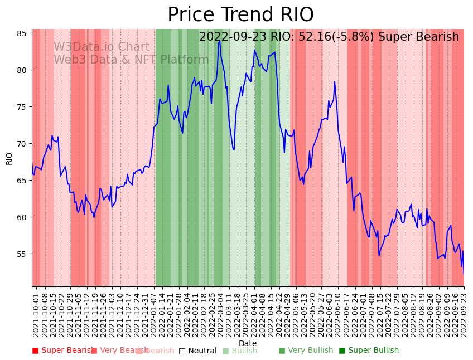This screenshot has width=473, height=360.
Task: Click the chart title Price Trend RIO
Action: (x=240, y=15)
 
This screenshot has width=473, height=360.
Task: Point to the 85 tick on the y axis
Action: (x=21, y=33)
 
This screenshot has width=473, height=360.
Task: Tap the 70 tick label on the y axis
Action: (x=21, y=144)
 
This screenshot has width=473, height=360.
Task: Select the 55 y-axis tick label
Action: (x=21, y=254)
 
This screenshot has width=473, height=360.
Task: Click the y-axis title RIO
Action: (x=9, y=158)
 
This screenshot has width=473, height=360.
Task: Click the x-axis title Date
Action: (x=248, y=343)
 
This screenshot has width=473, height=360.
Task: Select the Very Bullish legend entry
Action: (x=306, y=351)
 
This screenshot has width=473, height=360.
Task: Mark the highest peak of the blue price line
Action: (x=220, y=40)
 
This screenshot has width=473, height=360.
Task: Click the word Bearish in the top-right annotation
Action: (x=438, y=37)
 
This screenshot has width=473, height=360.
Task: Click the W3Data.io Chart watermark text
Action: (x=102, y=47)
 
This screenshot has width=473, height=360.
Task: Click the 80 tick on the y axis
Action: (x=21, y=70)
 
